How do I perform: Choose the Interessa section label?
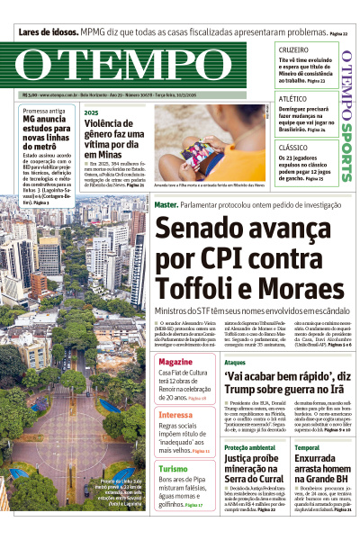pyautogui.click(x=176, y=415)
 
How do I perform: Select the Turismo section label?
pyautogui.click(x=174, y=469)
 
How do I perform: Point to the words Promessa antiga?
pyautogui.click(x=44, y=111)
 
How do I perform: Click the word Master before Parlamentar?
pyautogui.click(x=165, y=205)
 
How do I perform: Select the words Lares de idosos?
pyautogui.click(x=52, y=32)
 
